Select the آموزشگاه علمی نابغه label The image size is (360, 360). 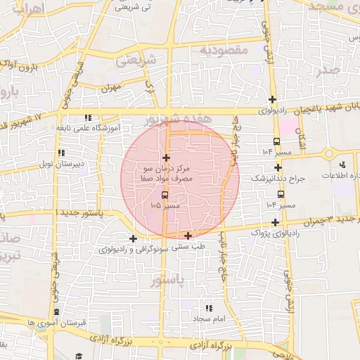pos(88,129)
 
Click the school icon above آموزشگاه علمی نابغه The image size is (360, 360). pos(87,117)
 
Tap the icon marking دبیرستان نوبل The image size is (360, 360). pos(61,152)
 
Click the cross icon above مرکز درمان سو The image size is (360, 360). pos(166,157)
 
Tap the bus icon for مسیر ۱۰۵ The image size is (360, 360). pos(165,194)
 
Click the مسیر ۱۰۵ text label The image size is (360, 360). pos(166,205)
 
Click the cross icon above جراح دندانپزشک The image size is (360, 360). pos(278,167)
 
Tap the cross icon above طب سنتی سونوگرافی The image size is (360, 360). pos(188,236)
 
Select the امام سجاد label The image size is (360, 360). pos(208,320)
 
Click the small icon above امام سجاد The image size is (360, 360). pos(208,308)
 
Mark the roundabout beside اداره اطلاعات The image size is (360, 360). pos(330,153)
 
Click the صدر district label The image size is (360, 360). pos(328,70)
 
